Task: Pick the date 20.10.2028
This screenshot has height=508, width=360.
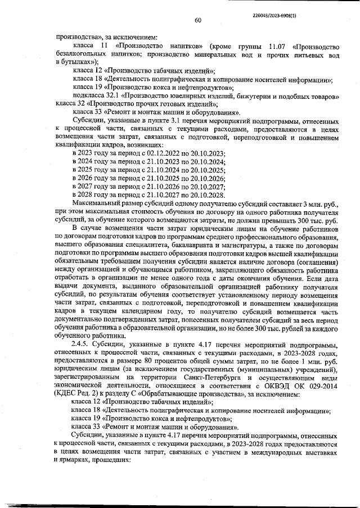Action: pyautogui.click(x=208, y=193)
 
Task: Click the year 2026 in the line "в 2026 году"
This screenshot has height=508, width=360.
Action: pyautogui.click(x=84, y=178)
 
